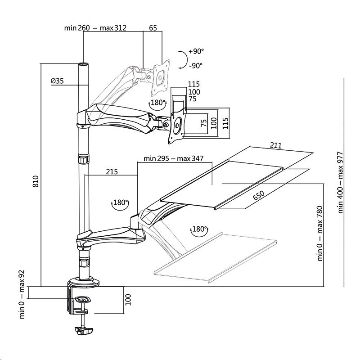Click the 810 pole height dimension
[36, 181]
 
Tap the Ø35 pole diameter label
[57, 81]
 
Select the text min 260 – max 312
[95, 28]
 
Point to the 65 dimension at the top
[153, 28]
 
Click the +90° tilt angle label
[196, 51]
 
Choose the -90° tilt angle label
[196, 66]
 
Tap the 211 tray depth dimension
[275, 145]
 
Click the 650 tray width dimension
[259, 196]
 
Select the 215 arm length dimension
[112, 171]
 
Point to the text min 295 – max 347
[173, 158]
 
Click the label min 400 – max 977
[340, 183]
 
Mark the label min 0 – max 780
[320, 234]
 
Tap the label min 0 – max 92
[22, 294]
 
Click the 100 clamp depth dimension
[128, 300]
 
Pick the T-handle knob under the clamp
[84, 331]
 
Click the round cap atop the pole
[83, 64]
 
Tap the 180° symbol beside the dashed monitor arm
[158, 103]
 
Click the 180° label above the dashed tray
[199, 229]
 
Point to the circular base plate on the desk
[84, 282]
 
